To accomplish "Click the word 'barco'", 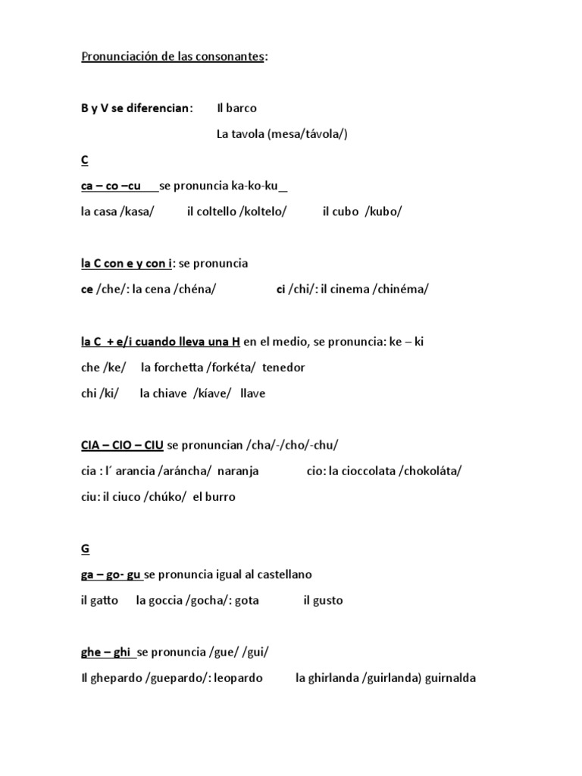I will (242, 108).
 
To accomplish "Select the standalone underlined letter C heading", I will (85, 160).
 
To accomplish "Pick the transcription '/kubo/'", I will (383, 211).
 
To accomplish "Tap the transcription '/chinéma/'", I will (400, 289).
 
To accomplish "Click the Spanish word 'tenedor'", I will (283, 368).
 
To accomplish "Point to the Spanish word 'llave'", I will (253, 393).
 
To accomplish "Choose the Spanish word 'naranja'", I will (238, 471).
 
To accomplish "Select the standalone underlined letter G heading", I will (85, 549).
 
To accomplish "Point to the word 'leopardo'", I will (238, 678).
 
